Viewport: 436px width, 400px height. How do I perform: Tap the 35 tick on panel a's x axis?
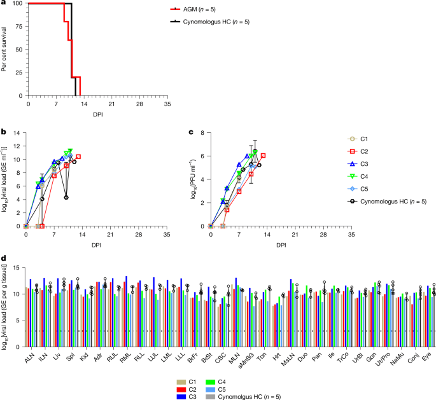(167, 102)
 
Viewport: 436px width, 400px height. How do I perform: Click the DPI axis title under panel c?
(281, 244)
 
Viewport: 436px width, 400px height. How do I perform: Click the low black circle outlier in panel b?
(66, 197)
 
